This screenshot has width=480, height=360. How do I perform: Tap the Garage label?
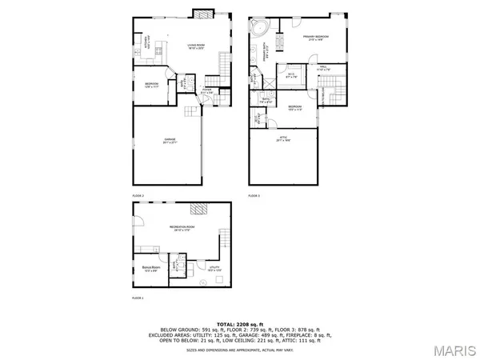click(169, 141)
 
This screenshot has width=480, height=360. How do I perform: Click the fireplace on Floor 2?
click(204, 14)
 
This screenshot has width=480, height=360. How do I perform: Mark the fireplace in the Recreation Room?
click(197, 210)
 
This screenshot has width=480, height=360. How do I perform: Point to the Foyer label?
click(206, 91)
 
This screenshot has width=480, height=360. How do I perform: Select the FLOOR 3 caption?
click(254, 195)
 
